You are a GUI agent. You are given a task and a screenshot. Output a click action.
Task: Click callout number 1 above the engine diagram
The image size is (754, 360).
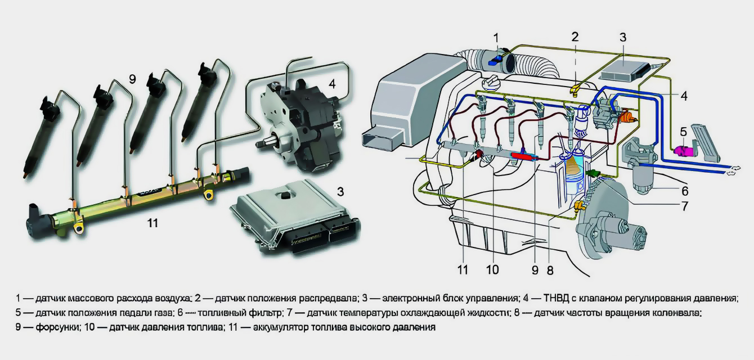[496, 37]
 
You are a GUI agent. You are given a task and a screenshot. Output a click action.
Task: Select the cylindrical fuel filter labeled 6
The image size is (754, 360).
[647, 178]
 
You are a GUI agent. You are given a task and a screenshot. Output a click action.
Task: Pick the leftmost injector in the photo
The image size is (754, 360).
[42, 135]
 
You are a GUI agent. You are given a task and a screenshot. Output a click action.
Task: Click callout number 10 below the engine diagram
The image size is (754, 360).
[492, 269]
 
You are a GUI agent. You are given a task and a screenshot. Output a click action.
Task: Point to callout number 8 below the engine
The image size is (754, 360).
[550, 270]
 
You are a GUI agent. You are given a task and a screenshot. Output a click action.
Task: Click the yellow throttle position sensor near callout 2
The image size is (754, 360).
[575, 88]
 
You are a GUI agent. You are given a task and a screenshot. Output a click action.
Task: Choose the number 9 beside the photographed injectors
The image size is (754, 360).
[132, 79]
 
